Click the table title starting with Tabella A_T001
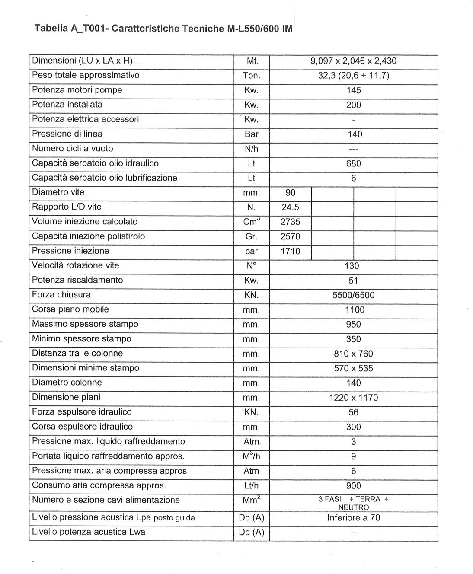click(x=163, y=29)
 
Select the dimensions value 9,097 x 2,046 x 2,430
click(x=353, y=61)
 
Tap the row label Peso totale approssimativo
click(x=86, y=75)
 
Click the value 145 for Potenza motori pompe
click(x=353, y=90)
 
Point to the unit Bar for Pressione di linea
click(x=251, y=134)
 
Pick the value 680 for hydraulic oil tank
click(x=353, y=163)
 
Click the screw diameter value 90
click(x=291, y=193)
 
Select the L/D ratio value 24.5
click(x=290, y=207)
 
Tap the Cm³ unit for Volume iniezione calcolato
click(x=252, y=222)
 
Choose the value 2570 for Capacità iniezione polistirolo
click(x=290, y=236)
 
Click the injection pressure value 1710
click(x=290, y=251)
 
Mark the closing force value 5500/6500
click(x=353, y=295)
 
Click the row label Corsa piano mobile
click(x=70, y=309)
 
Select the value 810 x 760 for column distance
click(x=353, y=354)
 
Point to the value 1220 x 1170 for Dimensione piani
click(x=353, y=398)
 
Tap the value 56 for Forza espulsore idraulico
click(x=353, y=412)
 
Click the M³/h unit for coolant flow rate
click(x=252, y=456)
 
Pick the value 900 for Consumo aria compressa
click(x=353, y=486)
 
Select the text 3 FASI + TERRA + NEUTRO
click(x=353, y=503)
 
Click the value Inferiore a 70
click(x=353, y=518)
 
